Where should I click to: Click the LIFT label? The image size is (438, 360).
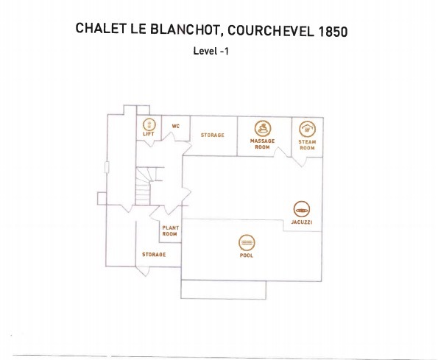click(x=149, y=134)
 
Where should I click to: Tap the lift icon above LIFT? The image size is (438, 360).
click(x=149, y=124)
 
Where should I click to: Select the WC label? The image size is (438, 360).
click(x=176, y=126)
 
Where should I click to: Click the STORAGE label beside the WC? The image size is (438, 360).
click(x=212, y=135)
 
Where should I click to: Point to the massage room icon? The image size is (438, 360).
click(x=263, y=129)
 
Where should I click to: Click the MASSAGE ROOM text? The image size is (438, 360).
click(x=262, y=144)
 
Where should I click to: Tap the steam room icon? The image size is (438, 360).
click(x=307, y=129)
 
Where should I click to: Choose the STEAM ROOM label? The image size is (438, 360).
click(x=307, y=145)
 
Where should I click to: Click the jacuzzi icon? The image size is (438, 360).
click(x=302, y=209)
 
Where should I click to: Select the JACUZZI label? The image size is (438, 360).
click(x=302, y=222)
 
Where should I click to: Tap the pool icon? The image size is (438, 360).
click(x=247, y=243)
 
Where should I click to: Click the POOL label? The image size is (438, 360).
click(x=247, y=255)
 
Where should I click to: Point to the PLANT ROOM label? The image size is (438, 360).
click(x=170, y=231)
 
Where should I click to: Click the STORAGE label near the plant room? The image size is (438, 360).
click(x=154, y=255)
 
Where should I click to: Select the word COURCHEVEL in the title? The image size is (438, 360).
click(x=270, y=31)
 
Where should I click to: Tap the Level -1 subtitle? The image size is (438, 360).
click(x=211, y=51)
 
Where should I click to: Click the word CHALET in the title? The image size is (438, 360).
click(x=101, y=29)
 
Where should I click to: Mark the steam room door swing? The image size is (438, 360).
click(x=300, y=162)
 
